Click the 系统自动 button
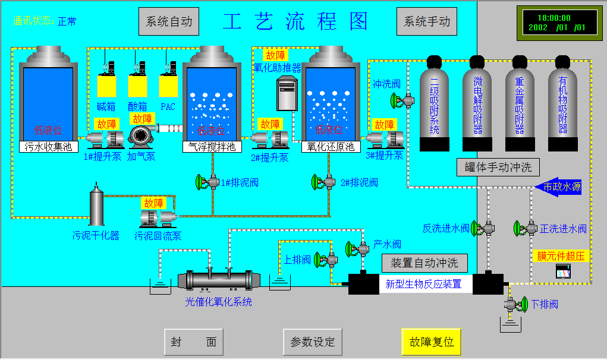(169, 22)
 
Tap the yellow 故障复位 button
(432, 342)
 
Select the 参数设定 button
(313, 342)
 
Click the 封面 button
(194, 342)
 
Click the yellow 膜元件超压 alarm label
(561, 257)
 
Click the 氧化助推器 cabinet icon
(287, 94)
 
